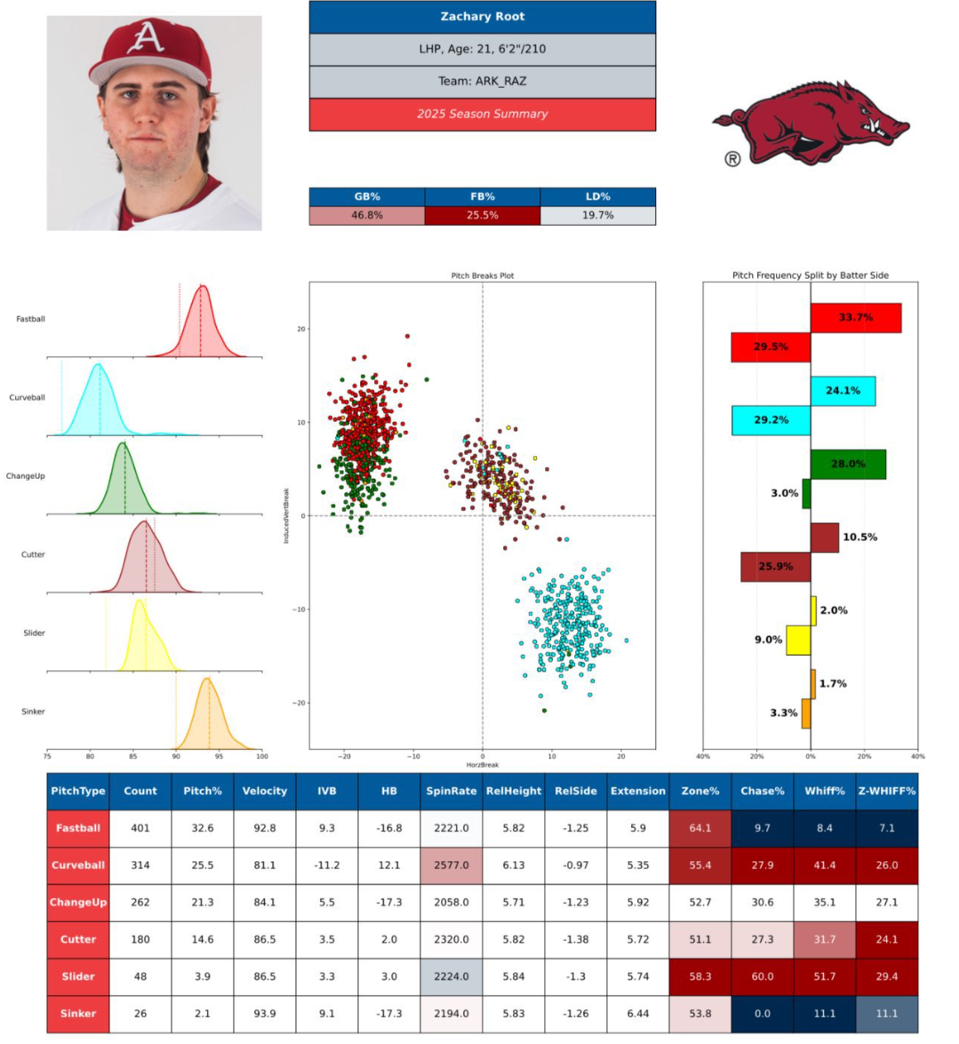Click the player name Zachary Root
click(482, 17)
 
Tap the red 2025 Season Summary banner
click(482, 114)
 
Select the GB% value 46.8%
click(366, 215)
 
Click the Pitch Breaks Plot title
click(482, 275)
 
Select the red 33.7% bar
click(855, 317)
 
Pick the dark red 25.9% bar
click(775, 566)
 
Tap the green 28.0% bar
click(848, 464)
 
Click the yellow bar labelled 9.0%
click(797, 640)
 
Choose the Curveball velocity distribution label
click(27, 397)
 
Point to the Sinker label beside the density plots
click(33, 712)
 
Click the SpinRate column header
click(451, 791)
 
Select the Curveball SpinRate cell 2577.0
click(451, 865)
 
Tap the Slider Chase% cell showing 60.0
click(762, 976)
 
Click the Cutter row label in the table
click(78, 939)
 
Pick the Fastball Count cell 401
click(140, 828)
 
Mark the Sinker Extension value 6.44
click(637, 1013)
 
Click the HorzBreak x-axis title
click(482, 765)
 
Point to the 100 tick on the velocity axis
click(261, 756)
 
